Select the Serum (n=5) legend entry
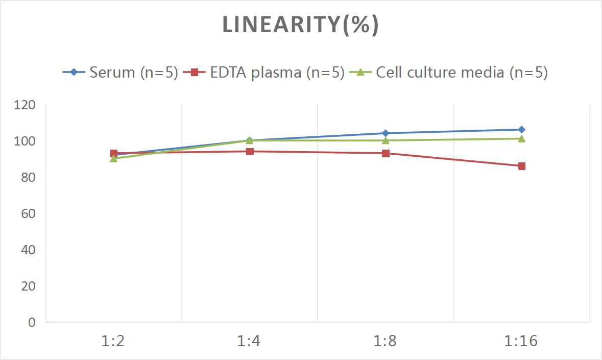[x=121, y=73]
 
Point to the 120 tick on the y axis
[x=26, y=105]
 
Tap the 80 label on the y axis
[x=29, y=177]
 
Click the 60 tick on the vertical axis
[x=29, y=213]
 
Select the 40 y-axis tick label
[x=29, y=250]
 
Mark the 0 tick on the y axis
[x=32, y=322]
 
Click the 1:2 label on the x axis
[x=113, y=341]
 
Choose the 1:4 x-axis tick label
[x=250, y=341]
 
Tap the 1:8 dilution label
[x=386, y=341]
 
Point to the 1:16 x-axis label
[x=521, y=341]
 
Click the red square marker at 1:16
[x=521, y=166]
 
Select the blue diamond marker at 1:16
[x=521, y=130]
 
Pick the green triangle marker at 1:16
[x=521, y=138]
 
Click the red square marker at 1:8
[x=386, y=153]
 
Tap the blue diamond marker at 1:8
[x=386, y=133]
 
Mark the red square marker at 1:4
[x=250, y=151]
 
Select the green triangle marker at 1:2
[x=113, y=159]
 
